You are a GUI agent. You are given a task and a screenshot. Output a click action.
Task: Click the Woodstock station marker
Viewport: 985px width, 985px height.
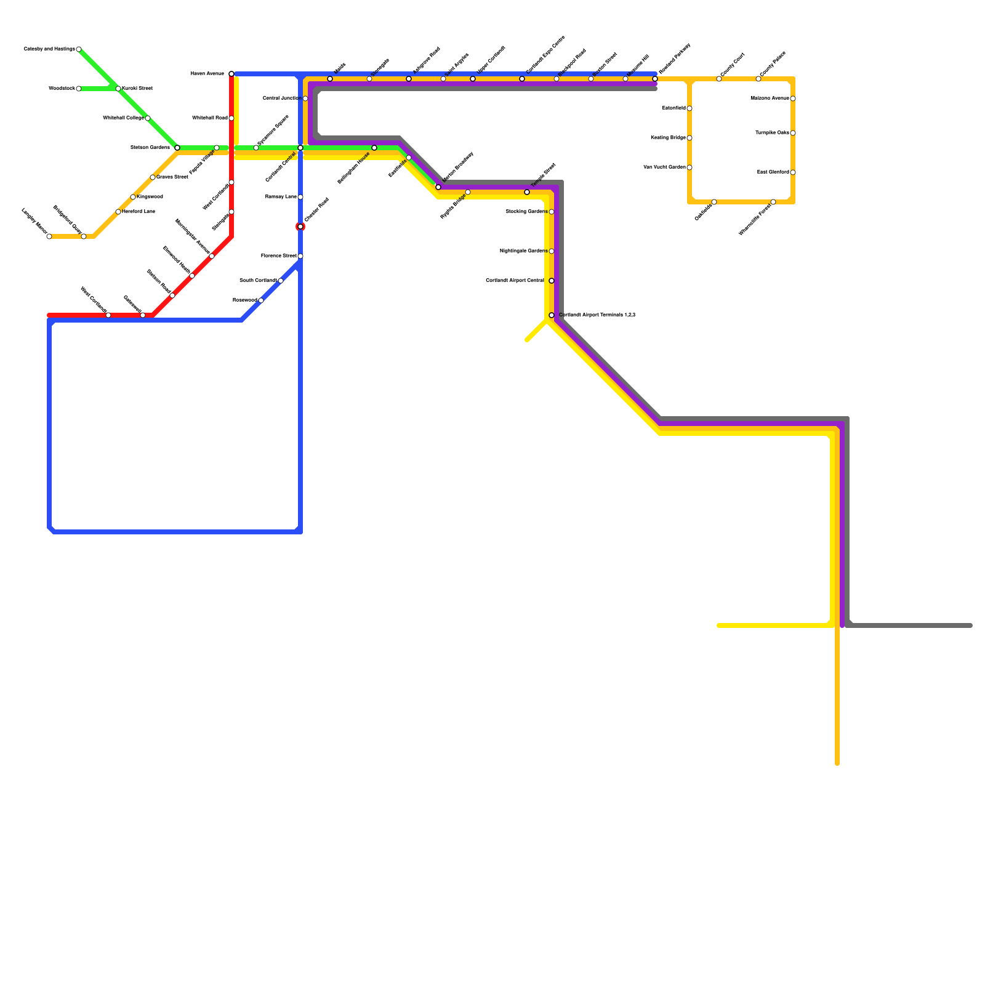(x=79, y=89)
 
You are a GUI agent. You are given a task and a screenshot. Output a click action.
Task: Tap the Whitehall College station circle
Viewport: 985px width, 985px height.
(x=148, y=118)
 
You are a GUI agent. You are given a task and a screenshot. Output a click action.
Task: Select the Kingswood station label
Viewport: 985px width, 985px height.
(x=150, y=197)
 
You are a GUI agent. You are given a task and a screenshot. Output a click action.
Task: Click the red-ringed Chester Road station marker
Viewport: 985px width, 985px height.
(x=300, y=227)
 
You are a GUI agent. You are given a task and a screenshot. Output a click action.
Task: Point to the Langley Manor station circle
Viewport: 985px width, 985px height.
(x=49, y=236)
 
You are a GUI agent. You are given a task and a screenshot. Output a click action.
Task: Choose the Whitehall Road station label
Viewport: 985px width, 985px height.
(x=209, y=118)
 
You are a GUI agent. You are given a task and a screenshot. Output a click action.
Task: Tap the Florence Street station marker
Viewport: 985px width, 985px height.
(x=300, y=256)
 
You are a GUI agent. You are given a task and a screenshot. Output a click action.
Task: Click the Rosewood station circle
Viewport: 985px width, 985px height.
(x=261, y=300)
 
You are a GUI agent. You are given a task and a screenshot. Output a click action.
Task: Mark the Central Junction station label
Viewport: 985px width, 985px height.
(x=281, y=98)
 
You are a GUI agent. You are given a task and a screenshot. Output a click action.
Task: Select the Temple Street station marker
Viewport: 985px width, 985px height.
(x=527, y=192)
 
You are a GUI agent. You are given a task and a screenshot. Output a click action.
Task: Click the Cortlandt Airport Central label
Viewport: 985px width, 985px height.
(x=515, y=281)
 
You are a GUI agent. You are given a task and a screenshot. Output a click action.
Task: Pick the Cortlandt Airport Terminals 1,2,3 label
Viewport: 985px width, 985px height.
(x=597, y=315)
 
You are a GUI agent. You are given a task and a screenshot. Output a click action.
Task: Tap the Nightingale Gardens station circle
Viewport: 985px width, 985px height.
(x=552, y=251)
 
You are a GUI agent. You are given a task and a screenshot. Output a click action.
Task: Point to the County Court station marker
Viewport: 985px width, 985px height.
(x=719, y=79)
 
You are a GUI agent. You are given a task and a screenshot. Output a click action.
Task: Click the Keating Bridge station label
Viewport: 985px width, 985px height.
(x=668, y=138)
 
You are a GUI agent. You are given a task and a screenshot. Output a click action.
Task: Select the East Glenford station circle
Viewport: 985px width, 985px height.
(x=793, y=172)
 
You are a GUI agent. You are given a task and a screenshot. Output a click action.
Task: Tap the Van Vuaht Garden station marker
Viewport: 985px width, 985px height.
(x=689, y=167)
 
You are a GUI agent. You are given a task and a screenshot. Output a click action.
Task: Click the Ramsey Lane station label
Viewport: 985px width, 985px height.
(x=281, y=197)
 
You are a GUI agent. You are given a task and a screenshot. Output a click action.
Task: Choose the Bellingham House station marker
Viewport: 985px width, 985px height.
(x=374, y=148)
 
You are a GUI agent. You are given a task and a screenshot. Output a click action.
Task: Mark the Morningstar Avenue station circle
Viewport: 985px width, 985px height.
(x=212, y=256)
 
